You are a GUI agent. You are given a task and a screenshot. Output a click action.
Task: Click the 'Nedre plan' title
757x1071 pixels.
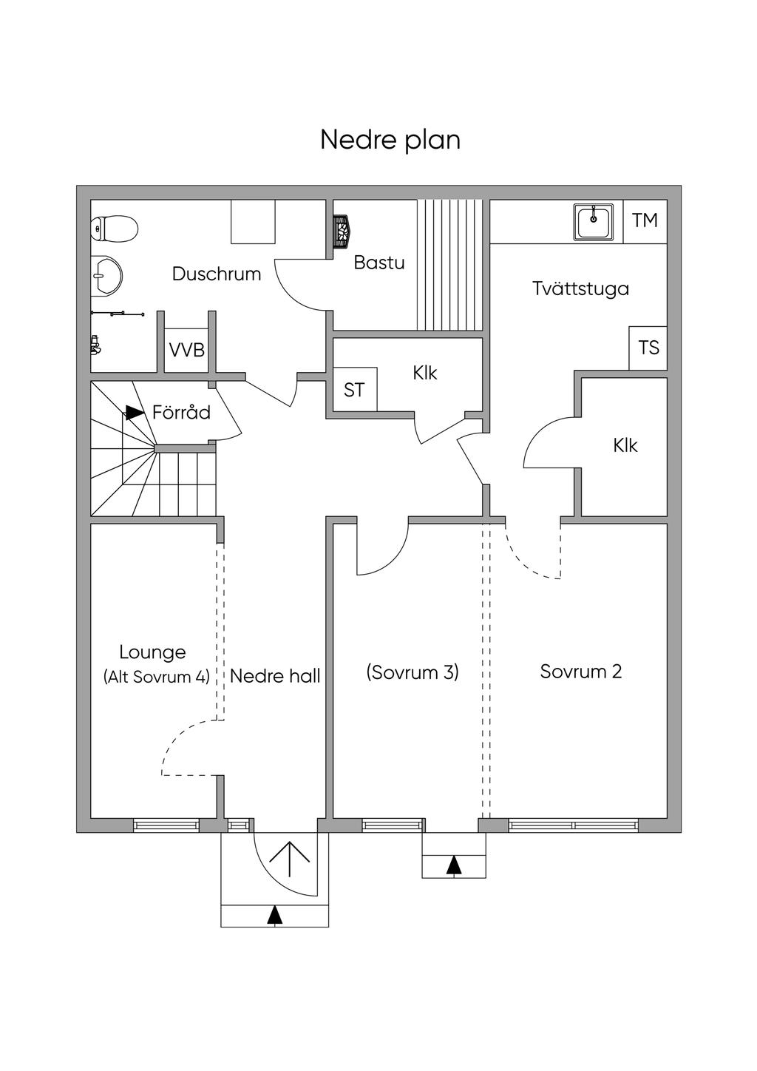click(390, 140)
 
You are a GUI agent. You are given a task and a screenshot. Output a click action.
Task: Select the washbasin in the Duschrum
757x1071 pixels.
click(106, 274)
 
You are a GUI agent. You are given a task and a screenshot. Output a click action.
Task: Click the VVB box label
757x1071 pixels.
click(187, 350)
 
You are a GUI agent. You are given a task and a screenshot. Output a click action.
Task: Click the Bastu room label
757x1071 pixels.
click(378, 263)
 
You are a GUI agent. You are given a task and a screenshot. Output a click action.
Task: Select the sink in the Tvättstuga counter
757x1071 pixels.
click(594, 221)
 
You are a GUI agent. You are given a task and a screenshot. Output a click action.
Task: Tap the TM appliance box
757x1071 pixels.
click(645, 220)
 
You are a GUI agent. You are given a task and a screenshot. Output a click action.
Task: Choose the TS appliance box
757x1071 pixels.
click(648, 348)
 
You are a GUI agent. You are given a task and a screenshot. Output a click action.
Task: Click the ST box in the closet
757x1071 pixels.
click(354, 390)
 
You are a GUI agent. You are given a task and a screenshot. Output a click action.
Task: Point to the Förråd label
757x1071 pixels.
click(181, 413)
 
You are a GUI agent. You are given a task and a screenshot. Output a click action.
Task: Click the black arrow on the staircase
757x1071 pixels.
click(134, 413)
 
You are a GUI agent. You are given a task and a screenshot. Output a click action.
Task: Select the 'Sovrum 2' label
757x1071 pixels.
click(580, 672)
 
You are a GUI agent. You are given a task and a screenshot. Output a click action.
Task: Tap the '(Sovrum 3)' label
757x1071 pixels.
click(413, 672)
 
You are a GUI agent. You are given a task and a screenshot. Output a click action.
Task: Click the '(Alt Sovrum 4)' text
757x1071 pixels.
click(157, 677)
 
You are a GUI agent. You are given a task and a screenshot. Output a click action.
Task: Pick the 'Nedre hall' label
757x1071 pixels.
click(275, 676)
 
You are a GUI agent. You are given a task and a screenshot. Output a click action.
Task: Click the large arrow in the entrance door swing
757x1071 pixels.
click(289, 857)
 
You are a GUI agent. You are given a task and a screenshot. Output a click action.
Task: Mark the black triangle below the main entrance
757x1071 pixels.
click(275, 915)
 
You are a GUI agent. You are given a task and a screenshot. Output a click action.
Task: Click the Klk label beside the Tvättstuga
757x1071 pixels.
click(625, 446)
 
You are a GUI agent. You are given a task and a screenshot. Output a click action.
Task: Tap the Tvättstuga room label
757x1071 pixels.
click(580, 288)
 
